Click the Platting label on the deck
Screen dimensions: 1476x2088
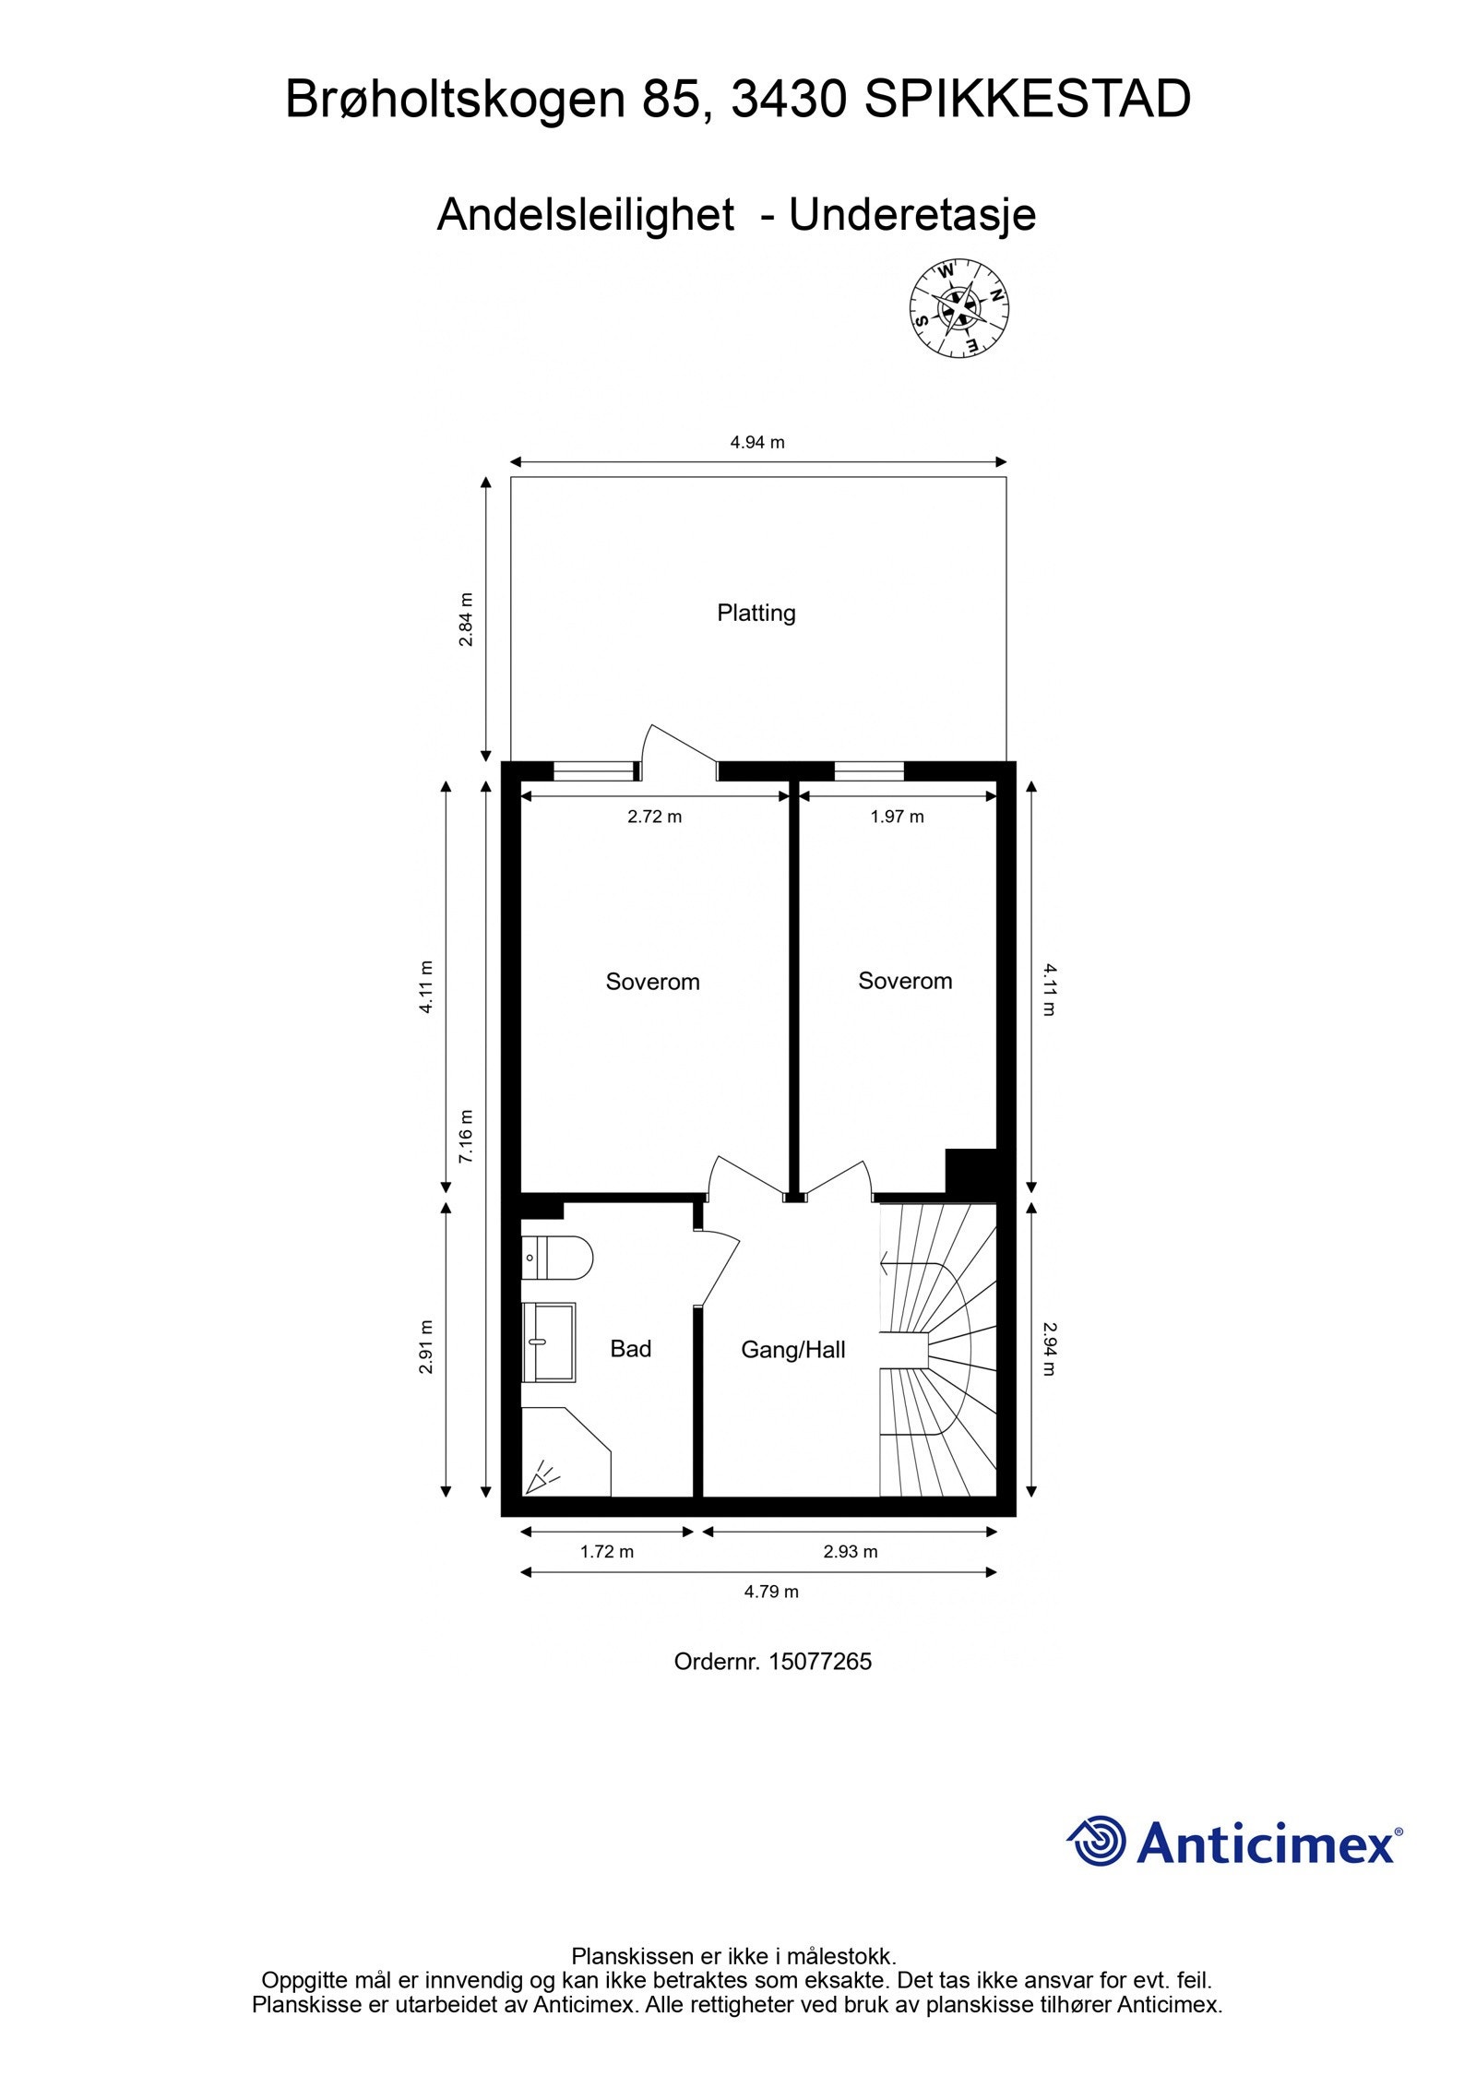tap(756, 613)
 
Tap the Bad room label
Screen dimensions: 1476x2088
tap(630, 1349)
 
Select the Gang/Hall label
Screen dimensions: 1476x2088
tap(792, 1351)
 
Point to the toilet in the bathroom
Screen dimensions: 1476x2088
tap(556, 1258)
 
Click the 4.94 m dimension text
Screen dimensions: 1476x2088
tap(757, 442)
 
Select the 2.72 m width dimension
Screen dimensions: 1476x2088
tap(654, 817)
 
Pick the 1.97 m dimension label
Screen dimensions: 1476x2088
tap(897, 817)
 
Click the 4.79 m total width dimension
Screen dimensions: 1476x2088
tap(771, 1592)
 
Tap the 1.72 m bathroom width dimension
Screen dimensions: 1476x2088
tap(607, 1552)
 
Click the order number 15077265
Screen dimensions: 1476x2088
tap(819, 1662)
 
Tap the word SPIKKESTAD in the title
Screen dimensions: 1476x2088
tap(1027, 100)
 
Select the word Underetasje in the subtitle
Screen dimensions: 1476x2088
tap(912, 215)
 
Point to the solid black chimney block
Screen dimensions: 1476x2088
tap(972, 1172)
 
